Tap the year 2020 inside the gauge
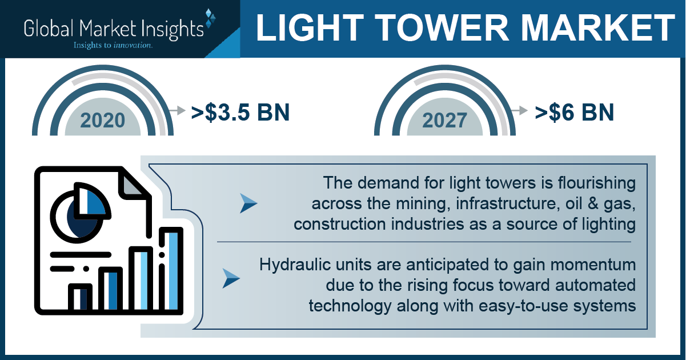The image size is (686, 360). pos(103,121)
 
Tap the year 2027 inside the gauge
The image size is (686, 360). pos(445,121)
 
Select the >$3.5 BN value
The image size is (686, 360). pos(240,113)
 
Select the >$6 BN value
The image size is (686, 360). pos(575,113)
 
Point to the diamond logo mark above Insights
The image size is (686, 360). pos(210,18)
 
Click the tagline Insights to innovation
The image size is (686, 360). pos(113,45)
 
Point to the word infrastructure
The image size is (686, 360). pos(506,203)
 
